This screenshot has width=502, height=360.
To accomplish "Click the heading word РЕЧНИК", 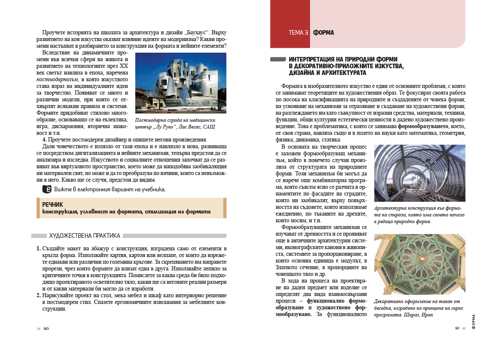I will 52,205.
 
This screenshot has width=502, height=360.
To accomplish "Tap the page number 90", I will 46,328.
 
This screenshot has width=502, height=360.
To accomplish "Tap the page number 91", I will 457,328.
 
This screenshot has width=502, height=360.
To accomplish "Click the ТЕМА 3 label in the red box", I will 298,33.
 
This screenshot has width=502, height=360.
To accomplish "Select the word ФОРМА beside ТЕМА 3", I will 323,33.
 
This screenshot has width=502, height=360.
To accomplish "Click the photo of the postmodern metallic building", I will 181,83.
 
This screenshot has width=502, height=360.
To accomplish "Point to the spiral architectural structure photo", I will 420,173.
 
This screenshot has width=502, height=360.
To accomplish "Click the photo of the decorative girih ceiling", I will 420,264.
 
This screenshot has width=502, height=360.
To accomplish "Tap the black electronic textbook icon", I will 47,189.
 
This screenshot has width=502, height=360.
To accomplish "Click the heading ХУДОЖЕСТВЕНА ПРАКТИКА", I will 85,236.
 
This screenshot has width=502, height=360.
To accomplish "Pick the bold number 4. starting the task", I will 44,139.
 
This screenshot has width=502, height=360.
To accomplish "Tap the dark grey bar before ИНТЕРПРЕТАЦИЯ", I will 278,59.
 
